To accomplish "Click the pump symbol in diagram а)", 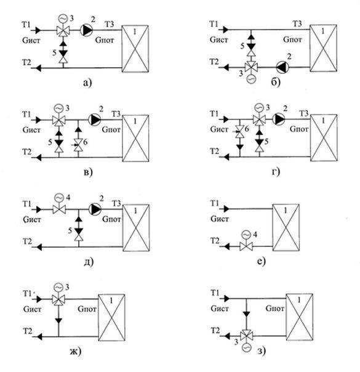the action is pos(87,30).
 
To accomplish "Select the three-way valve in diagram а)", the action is pos(63,31).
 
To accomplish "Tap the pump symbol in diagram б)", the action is pos(282,67).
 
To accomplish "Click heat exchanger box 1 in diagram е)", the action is pos(286,227).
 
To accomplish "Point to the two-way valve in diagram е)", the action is pos(246,246).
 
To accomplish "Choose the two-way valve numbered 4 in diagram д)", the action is pos(59,209).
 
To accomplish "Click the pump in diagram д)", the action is pos(95,209).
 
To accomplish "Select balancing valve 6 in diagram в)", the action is pos(78,145).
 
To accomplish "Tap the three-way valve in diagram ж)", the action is pos(58,299).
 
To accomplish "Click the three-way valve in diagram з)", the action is pos(247,336).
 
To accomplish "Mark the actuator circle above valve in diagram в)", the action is pos(58,108).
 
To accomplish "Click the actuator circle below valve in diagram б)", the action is pos(251,79).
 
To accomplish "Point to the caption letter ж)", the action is pos(76,351).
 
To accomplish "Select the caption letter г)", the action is pos(276,172).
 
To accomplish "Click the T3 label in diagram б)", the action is pos(297,24).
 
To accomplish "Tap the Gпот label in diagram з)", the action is pos(274,308).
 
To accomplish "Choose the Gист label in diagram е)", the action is pos(220,218).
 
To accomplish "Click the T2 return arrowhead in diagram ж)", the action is pos(39,336).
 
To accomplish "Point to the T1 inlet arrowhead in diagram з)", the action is pos(226,299).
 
